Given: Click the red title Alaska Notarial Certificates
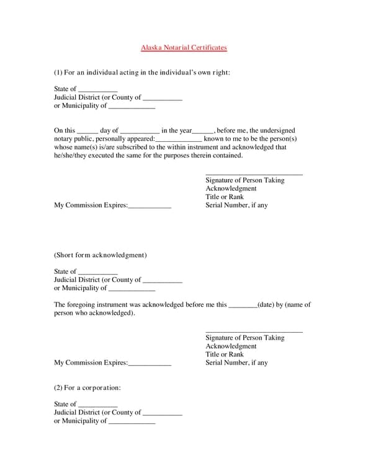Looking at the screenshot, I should pyautogui.click(x=184, y=48).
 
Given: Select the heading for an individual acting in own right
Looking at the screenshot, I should pyautogui.click(x=142, y=73).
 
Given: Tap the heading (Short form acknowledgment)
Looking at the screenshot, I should pyautogui.click(x=100, y=255).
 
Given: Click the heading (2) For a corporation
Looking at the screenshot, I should pyautogui.click(x=87, y=387).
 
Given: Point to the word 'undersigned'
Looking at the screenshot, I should pyautogui.click(x=277, y=131).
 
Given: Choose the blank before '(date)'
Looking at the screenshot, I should pyautogui.click(x=243, y=306).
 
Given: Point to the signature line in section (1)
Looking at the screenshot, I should pyautogui.click(x=254, y=175).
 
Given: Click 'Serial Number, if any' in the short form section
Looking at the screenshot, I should pyautogui.click(x=236, y=363).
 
